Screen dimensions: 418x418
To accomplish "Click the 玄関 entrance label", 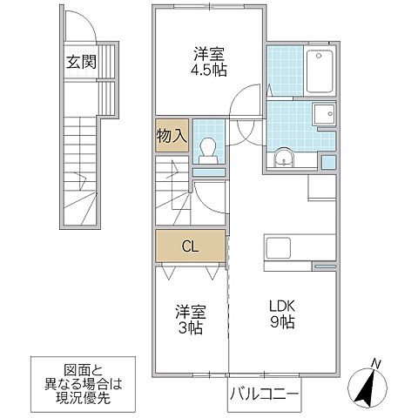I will click(78, 62).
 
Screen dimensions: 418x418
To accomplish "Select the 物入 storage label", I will click(171, 137).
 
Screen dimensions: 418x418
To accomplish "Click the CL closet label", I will click(191, 246).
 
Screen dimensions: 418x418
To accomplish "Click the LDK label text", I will click(281, 307).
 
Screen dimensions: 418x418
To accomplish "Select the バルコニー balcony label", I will click(264, 394).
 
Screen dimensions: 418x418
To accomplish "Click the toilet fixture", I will click(208, 150).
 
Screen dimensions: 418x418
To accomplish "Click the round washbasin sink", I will click(283, 158).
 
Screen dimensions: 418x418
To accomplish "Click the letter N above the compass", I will click(374, 363).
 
